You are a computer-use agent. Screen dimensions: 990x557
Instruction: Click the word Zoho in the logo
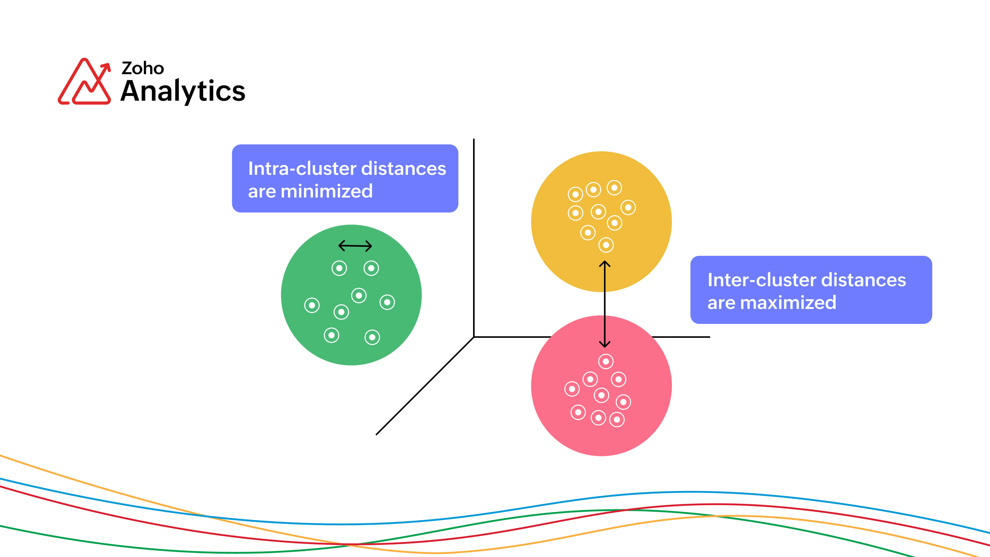143,68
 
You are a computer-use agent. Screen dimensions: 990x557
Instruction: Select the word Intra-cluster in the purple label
302,168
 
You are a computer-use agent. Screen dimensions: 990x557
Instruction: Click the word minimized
327,191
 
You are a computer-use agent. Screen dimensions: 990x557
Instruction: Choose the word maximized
788,302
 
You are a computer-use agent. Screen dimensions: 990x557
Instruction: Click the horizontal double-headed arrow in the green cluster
355,246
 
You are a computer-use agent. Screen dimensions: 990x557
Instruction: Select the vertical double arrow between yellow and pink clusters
605,304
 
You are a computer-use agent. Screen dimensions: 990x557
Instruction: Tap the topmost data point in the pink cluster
606,361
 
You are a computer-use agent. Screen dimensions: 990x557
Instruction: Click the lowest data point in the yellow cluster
606,245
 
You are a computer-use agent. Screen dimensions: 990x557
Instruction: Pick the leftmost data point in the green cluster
312,305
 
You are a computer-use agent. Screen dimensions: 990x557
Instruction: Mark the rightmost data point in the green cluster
387,302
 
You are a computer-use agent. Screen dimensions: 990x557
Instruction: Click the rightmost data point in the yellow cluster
628,208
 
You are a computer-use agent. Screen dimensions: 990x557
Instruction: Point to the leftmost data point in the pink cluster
572,389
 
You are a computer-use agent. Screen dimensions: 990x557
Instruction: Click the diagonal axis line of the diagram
425,386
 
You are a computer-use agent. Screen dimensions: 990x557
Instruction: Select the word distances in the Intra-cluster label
403,168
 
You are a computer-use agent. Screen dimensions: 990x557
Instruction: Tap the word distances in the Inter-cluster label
864,280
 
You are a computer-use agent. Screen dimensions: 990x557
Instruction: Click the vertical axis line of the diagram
474,238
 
